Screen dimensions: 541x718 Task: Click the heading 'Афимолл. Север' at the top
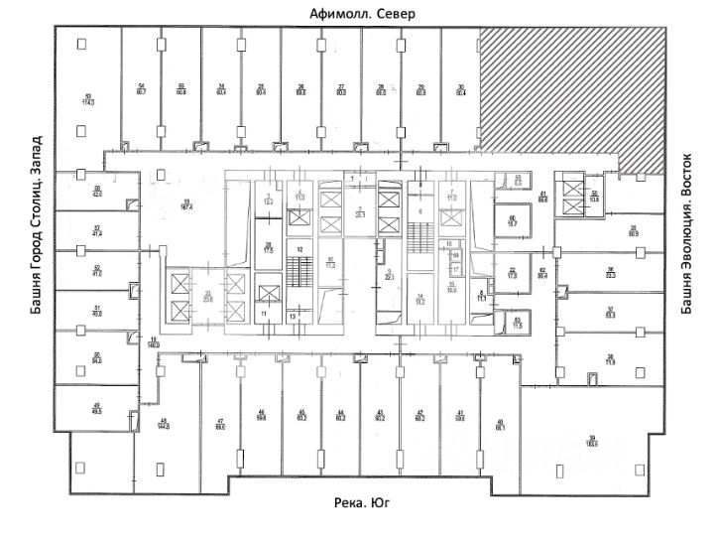pyautogui.click(x=361, y=14)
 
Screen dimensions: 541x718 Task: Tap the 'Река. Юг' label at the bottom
pyautogui.click(x=361, y=504)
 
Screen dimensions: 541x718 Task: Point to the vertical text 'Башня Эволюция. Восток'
pyautogui.click(x=685, y=233)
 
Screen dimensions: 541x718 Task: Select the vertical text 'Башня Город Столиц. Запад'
pyautogui.click(x=37, y=226)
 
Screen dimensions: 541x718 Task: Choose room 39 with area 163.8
pyautogui.click(x=592, y=444)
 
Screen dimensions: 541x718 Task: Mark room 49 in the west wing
pyautogui.click(x=97, y=407)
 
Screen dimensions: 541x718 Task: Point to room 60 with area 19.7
pyautogui.click(x=513, y=221)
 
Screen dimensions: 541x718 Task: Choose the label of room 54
pyautogui.click(x=142, y=89)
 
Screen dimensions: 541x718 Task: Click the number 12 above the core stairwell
pyautogui.click(x=296, y=248)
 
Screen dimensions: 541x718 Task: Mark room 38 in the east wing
pyautogui.click(x=612, y=359)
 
